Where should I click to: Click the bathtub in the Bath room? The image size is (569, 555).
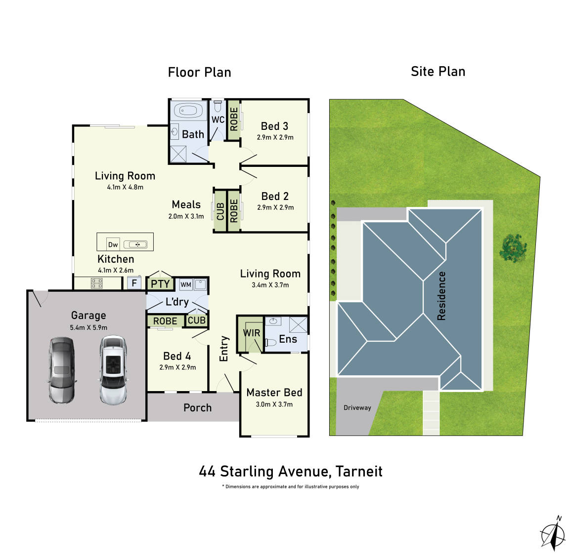[188, 110]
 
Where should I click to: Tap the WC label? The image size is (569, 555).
[218, 119]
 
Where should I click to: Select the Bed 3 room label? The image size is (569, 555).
[274, 126]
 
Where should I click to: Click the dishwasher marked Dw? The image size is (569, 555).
[113, 244]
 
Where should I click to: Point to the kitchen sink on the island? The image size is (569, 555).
[135, 245]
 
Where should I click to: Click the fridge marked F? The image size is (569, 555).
[134, 283]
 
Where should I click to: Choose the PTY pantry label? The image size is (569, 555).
[160, 284]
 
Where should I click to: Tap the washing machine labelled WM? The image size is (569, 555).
[186, 284]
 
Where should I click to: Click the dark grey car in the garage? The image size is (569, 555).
[62, 370]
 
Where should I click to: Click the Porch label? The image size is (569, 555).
[197, 408]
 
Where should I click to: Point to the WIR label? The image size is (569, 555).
[252, 333]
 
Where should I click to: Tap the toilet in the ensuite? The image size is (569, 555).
[270, 342]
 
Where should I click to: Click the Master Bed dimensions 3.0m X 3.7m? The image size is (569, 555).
[274, 404]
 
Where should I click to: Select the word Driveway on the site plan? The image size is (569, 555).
[357, 407]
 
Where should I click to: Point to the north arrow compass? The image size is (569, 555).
[553, 533]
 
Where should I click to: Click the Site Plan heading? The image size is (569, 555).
[438, 72]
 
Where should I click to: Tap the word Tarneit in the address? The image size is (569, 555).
[359, 471]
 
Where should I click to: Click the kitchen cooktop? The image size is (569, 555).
[96, 283]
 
